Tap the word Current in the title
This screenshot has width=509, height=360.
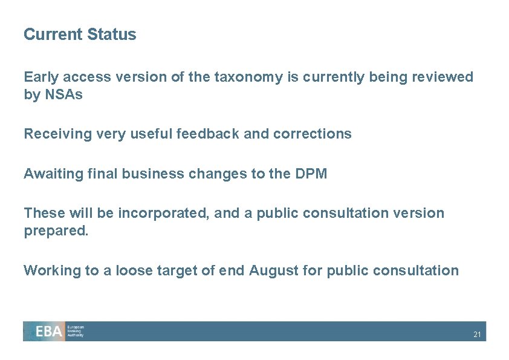pos(53,34)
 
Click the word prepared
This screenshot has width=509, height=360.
pos(56,232)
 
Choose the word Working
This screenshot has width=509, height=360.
pos(52,270)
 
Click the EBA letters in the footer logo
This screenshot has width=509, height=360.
pos(49,332)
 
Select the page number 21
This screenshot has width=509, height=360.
pos(477,335)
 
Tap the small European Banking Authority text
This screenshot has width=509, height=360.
pos(76,331)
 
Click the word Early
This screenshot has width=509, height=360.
pos(41,77)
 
